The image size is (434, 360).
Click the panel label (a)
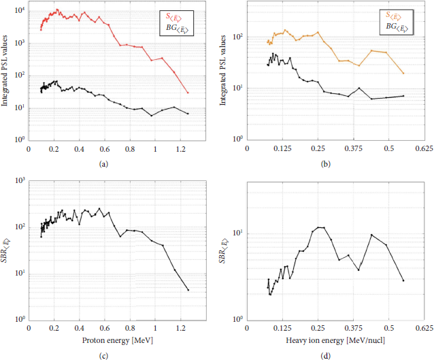[103, 164]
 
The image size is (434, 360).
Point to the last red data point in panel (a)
[188, 93]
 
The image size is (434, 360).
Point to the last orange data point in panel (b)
[403, 73]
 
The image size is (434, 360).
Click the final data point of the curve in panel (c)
[188, 290]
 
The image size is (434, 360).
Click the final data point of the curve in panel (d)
[403, 280]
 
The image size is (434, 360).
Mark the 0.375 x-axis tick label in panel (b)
[353, 148]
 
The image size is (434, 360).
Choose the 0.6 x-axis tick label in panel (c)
[105, 327]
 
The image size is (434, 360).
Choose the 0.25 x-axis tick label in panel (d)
[318, 327]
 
